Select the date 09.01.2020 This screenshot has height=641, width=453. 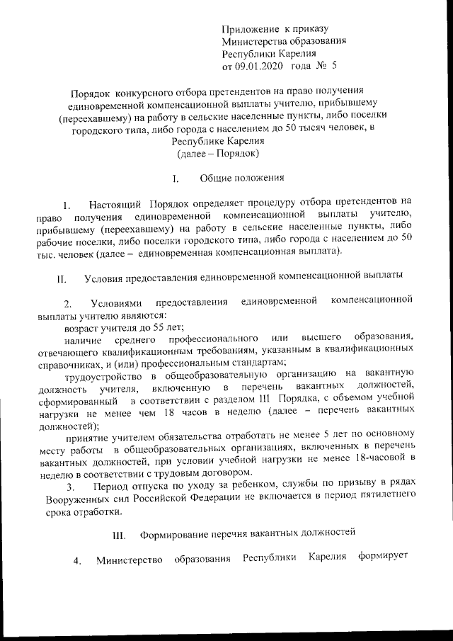coord(259,67)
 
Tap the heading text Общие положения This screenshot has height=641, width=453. coord(241,178)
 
